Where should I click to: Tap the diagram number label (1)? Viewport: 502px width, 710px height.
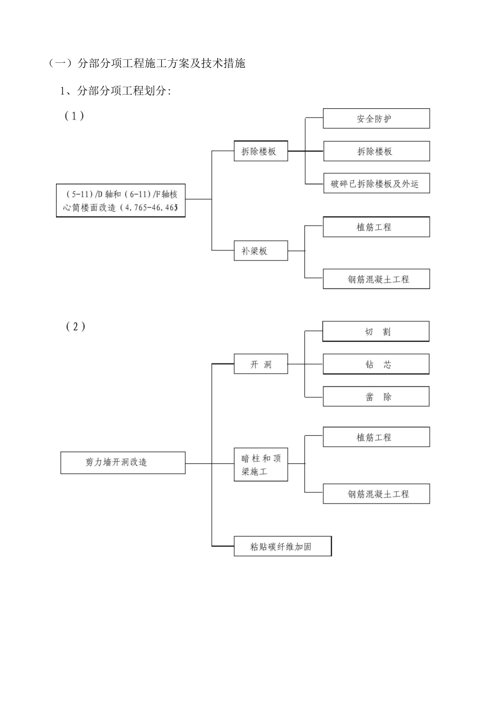[x=75, y=116]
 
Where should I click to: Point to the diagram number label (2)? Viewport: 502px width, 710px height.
[x=76, y=326]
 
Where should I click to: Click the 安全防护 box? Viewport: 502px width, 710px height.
[x=376, y=119]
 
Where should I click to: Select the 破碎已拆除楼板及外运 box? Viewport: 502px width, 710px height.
[x=376, y=184]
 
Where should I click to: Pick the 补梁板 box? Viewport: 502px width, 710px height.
[x=261, y=251]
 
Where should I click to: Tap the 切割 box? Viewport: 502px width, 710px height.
[x=376, y=332]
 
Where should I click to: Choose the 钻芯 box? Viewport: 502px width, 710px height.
[x=376, y=365]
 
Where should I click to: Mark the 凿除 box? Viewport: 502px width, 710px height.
[x=376, y=397]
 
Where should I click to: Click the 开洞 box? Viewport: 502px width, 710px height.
[x=261, y=365]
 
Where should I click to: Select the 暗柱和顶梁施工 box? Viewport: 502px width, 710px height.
[x=261, y=464]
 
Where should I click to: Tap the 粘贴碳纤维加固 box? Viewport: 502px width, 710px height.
[x=282, y=546]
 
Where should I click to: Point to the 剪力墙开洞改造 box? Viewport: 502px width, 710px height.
[x=123, y=462]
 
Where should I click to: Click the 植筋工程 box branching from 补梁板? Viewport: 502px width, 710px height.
[x=376, y=227]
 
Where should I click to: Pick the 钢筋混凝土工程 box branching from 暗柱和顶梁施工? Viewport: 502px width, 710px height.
[x=376, y=494]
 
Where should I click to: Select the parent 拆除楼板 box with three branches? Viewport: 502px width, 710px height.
[x=261, y=152]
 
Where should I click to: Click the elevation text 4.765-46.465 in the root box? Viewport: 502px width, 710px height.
[x=151, y=208]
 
